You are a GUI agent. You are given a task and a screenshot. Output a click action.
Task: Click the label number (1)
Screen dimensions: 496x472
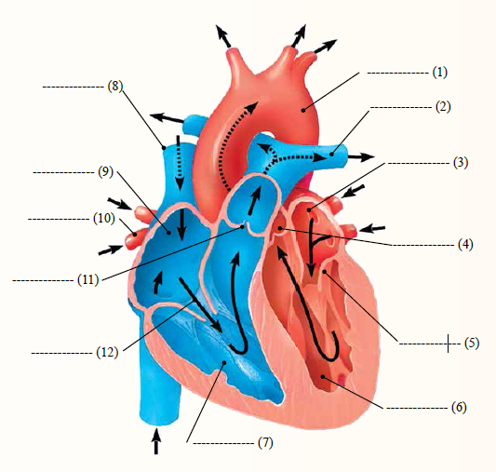click(440, 73)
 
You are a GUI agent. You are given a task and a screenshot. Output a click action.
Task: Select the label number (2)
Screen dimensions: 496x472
click(443, 107)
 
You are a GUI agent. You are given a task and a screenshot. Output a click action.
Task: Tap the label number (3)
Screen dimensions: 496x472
click(461, 163)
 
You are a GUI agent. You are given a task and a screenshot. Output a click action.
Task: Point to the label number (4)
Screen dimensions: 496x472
click(465, 245)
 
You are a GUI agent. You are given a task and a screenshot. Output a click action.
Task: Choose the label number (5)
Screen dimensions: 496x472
click(472, 344)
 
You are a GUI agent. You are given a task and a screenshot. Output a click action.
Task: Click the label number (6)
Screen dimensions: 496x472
click(459, 407)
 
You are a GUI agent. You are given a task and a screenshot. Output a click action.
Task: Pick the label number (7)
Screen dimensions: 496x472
click(265, 442)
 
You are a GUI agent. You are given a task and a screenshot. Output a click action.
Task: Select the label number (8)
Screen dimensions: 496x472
click(115, 86)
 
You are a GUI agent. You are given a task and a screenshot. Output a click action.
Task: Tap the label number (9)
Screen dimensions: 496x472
click(106, 172)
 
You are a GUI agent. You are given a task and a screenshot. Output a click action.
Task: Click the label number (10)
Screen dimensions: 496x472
click(104, 218)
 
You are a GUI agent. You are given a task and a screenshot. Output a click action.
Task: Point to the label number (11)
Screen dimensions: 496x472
click(88, 280)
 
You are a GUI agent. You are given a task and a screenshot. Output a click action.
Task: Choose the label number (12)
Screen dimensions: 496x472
click(107, 352)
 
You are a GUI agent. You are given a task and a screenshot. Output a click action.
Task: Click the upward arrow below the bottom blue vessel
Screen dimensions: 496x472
click(156, 441)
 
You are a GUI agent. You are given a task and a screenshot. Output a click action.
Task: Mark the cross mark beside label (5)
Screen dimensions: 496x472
click(448, 344)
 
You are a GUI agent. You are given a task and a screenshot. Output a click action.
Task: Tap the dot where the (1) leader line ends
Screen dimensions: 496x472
click(303, 110)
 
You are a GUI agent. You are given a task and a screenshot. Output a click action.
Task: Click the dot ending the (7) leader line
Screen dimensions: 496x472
click(224, 362)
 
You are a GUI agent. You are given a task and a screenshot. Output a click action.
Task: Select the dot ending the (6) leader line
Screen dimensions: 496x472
click(323, 376)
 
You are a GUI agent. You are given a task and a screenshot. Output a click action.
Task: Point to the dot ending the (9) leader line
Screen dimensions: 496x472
click(169, 233)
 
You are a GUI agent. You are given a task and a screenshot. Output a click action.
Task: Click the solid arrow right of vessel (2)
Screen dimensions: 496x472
click(361, 156)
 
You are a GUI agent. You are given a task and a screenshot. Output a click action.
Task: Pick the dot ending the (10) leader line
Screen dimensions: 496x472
click(135, 235)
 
